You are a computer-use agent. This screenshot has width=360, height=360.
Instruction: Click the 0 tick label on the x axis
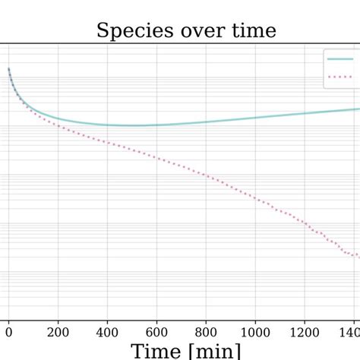point(8,331)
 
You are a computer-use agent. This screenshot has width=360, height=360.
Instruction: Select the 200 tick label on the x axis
point(58,331)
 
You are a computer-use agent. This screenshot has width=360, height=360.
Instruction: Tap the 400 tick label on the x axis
point(107,331)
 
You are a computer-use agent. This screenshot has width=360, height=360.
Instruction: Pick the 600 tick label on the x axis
point(156,331)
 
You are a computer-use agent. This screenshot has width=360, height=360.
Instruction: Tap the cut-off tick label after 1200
point(351,331)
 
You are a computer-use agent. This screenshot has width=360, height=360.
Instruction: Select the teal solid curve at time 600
point(156,125)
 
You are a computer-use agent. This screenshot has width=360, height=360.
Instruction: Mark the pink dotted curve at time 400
point(107,142)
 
